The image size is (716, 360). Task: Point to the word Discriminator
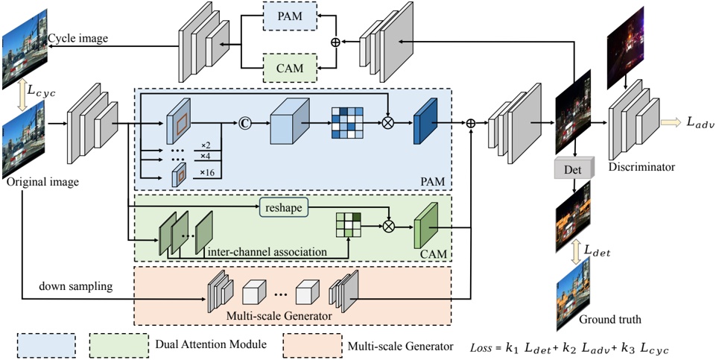coord(641,168)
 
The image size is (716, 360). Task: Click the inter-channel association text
coord(268,252)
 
